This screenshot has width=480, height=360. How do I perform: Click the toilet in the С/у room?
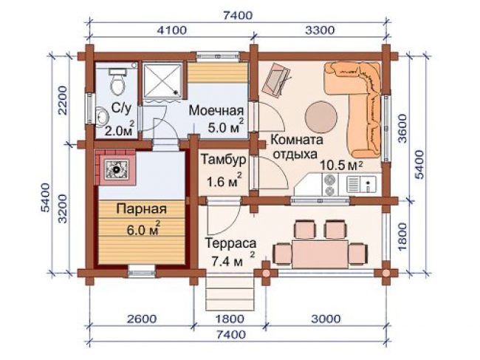118,81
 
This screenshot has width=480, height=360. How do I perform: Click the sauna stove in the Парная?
116,169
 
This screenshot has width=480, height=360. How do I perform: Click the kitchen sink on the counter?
361,184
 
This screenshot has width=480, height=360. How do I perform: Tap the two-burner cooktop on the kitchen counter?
329,184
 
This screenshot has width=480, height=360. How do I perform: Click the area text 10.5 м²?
342,165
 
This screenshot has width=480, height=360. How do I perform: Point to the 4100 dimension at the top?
171,30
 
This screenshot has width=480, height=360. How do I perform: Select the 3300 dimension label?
320,30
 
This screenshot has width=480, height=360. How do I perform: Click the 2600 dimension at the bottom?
142,319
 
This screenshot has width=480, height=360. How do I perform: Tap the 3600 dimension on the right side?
403,129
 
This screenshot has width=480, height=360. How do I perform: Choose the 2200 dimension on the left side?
63,101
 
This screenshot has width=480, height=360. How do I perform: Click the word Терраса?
230,244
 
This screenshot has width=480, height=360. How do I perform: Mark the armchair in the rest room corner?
277,80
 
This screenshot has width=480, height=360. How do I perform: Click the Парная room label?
142,209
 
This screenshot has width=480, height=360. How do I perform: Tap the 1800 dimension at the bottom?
230,319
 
